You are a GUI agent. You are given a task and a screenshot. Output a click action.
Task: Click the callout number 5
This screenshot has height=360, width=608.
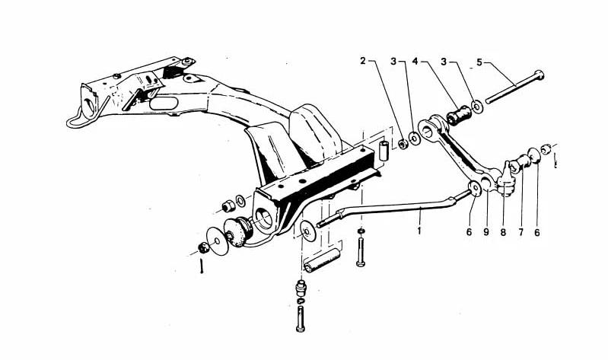pos(479,62)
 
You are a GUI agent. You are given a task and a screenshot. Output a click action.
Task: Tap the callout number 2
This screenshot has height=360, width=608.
pos(362,61)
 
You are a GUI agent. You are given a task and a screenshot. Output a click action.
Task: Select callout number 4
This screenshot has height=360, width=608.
pos(415,62)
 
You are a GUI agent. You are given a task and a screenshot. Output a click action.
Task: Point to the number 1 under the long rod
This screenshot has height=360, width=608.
pos(419,231)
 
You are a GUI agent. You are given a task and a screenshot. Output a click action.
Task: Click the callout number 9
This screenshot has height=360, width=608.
pos(486,232)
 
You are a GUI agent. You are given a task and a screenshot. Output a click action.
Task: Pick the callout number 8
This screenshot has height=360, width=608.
pos(503,233)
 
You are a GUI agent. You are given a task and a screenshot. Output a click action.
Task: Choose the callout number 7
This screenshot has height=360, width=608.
pos(520,233)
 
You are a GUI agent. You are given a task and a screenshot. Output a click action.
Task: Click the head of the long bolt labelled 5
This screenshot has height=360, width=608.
pos(539,75)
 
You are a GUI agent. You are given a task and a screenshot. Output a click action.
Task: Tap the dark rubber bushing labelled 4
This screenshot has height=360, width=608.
pos(459,115)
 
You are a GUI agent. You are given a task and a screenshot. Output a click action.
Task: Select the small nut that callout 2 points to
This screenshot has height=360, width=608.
pos(403,144)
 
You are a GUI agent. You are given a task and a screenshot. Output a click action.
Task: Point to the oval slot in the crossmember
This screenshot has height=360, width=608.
pos(164,104)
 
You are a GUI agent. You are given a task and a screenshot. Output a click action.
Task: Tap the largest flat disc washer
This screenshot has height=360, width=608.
pos(217,241)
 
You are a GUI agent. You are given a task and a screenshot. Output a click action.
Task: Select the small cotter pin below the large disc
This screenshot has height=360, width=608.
pos(202,266)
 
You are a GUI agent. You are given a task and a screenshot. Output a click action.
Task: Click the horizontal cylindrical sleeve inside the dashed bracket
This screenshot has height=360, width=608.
pos(322,260)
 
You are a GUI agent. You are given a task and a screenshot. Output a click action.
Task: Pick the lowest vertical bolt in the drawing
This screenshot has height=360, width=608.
pos(301,319)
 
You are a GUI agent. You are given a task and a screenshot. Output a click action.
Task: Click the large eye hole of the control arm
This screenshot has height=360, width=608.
pos(427,131)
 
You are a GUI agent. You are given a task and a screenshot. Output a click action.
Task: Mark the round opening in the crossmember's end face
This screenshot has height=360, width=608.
pos(264,219)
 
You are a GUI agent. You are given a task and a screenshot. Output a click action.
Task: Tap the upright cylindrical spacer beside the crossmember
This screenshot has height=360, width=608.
pos(384,151)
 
